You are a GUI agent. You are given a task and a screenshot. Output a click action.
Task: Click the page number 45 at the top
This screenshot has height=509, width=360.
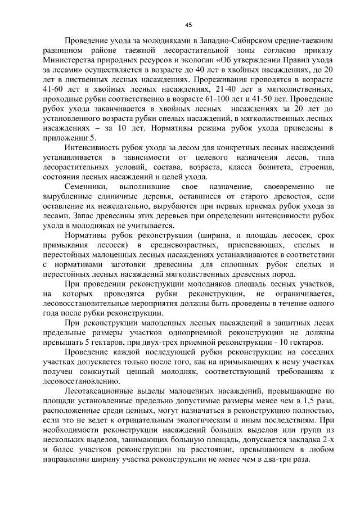188,24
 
